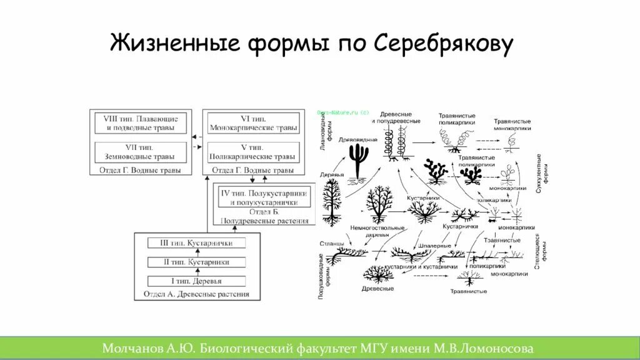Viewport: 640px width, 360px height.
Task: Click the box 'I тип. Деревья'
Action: (x=196, y=281)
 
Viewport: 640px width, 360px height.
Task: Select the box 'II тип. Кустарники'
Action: (x=196, y=262)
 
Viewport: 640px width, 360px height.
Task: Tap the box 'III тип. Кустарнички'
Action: (x=196, y=243)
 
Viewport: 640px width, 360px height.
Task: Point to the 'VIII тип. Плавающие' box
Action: (x=141, y=122)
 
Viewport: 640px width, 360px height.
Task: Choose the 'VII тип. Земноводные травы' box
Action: (x=141, y=152)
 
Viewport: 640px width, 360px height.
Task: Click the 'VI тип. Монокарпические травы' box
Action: (x=252, y=122)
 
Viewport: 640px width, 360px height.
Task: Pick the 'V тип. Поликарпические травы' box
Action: (x=252, y=152)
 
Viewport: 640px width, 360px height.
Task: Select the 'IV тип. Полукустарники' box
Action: (x=264, y=197)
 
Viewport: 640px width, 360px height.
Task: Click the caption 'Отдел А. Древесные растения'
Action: (x=196, y=294)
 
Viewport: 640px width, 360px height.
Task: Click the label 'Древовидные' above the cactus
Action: (x=358, y=139)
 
